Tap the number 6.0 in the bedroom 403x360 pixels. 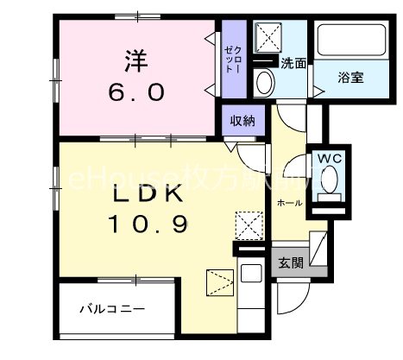point(134,92)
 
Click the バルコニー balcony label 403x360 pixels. point(112,308)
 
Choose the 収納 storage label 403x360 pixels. point(242,121)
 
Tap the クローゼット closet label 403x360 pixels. point(231,58)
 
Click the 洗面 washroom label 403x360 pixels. point(293,63)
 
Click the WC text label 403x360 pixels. point(330,159)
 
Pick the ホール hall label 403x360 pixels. point(289,202)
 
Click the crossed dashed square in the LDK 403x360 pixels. point(249,227)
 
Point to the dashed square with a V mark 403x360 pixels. point(218,281)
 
